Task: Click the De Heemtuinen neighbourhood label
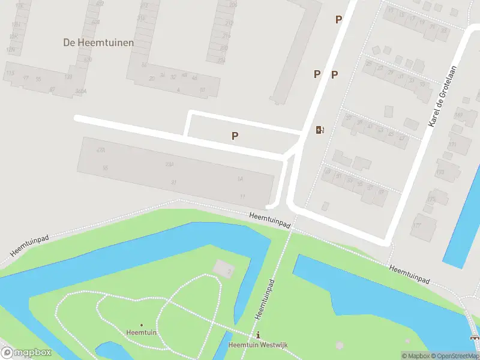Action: pyautogui.click(x=98, y=43)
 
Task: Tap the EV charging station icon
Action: pyautogui.click(x=320, y=130)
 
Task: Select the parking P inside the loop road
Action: pyautogui.click(x=235, y=136)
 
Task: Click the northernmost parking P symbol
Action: pyautogui.click(x=338, y=19)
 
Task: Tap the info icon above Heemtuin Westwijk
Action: pyautogui.click(x=259, y=335)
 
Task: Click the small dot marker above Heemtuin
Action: pyautogui.click(x=142, y=325)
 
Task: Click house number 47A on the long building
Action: pyautogui.click(x=100, y=150)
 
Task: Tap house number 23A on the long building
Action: pyautogui.click(x=170, y=164)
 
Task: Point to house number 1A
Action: pyautogui.click(x=240, y=179)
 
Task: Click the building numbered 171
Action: pyautogui.click(x=452, y=145)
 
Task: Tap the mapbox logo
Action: pyautogui.click(x=26, y=352)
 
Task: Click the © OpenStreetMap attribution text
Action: pyautogui.click(x=457, y=356)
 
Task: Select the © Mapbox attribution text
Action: pyautogui.click(x=416, y=356)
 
